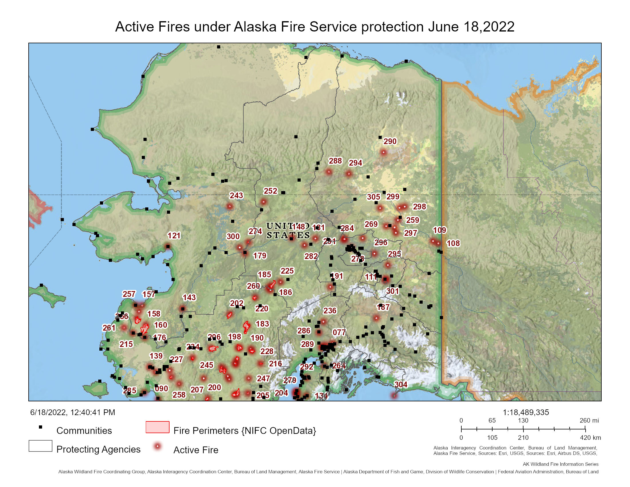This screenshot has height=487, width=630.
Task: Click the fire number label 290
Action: coord(390,141)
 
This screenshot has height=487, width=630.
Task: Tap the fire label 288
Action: coord(335,161)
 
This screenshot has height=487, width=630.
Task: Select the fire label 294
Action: coord(355,163)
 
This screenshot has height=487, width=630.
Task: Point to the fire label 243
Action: coord(236,196)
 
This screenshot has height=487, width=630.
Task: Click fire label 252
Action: coord(270,191)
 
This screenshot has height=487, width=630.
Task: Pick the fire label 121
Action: coord(174,236)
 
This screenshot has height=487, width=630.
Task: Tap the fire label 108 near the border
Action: coord(453,244)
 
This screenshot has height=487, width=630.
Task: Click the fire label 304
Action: coord(401,384)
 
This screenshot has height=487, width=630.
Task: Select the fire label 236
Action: coord(330,311)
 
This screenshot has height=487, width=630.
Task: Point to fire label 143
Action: coord(189,297)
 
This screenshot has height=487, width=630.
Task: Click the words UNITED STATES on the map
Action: coord(288,231)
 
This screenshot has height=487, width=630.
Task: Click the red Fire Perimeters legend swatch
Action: coord(157,427)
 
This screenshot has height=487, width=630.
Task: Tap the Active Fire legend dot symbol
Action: coord(157,447)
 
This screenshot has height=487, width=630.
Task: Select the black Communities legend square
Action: coord(41,427)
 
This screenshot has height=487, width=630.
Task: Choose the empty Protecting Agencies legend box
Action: coord(40,446)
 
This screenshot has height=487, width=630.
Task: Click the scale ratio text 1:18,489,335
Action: coord(525,412)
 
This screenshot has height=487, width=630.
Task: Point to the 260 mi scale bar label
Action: coord(589,420)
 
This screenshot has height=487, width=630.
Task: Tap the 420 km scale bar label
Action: coord(590,438)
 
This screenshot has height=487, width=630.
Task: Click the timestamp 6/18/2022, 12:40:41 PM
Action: coord(73,412)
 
